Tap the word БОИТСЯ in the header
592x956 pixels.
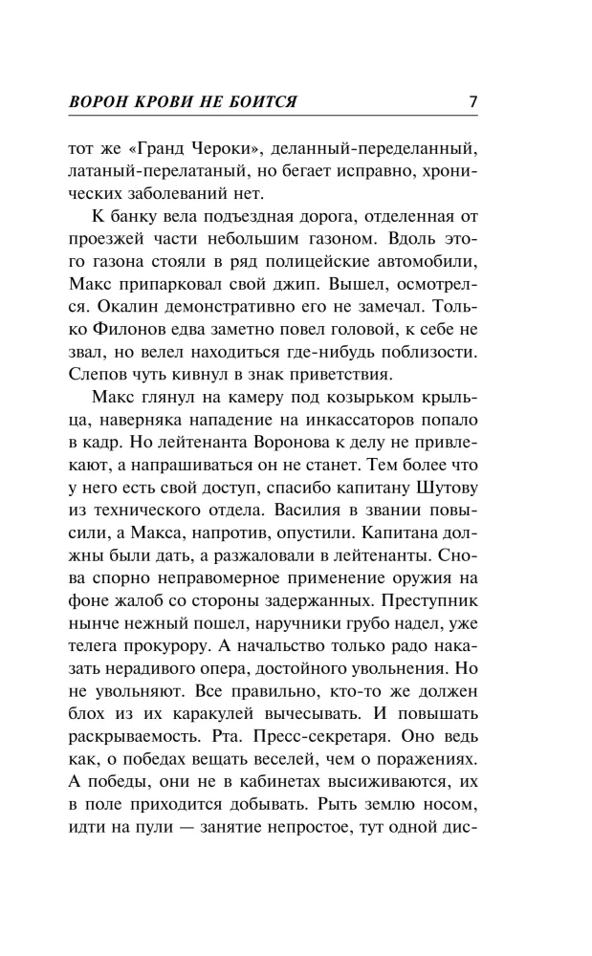[258, 101]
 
